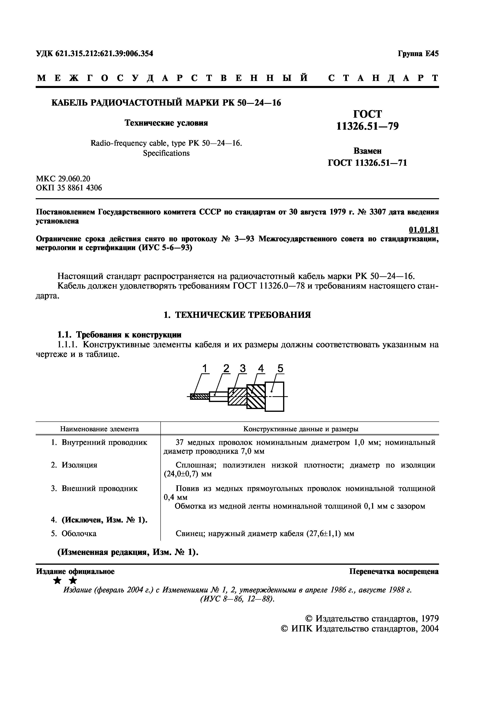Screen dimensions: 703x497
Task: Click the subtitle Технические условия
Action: (166, 123)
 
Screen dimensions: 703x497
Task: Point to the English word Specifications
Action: (166, 153)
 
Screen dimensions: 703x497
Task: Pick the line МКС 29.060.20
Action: (63, 179)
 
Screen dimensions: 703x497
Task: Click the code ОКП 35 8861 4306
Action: (69, 188)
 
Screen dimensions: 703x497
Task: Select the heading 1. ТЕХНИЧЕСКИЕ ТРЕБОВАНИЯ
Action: (237, 315)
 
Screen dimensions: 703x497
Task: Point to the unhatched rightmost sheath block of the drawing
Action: (274, 397)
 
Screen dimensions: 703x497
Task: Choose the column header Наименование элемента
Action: (99, 429)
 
